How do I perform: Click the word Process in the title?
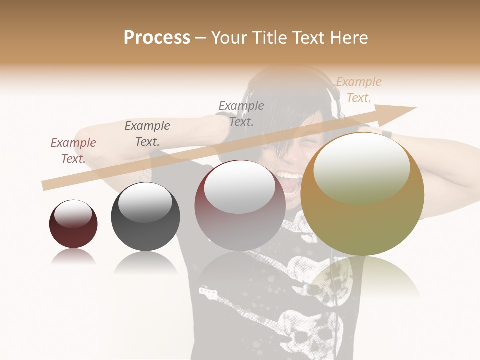[x=157, y=38]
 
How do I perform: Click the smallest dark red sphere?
[x=73, y=224]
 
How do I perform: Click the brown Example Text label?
[x=73, y=151]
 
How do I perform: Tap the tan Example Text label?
[x=358, y=90]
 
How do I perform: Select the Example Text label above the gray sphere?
[x=147, y=134]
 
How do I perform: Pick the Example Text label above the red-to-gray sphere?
[x=241, y=113]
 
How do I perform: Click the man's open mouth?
[x=289, y=180]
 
